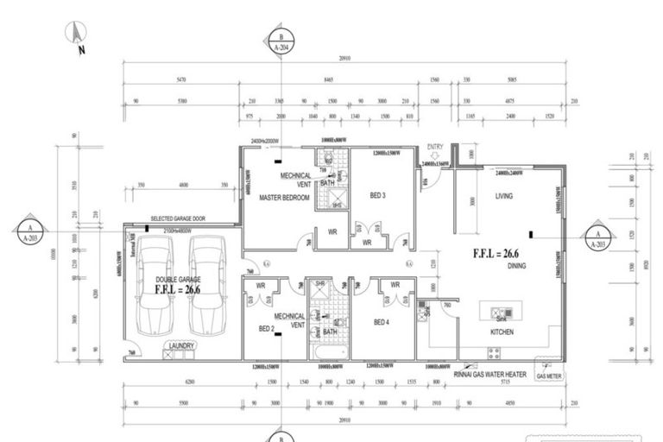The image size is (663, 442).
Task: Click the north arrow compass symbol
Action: pos(77,35)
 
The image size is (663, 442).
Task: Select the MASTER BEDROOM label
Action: pos(284,198)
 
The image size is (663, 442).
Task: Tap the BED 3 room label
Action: pos(377,196)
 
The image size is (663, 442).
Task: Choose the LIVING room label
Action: pos(504,197)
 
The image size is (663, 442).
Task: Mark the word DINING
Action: pos(516,266)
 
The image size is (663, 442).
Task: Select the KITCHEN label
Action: pos(502,331)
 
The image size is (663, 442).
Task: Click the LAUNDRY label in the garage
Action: pos(181,346)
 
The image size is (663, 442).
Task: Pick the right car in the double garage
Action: pos(207,286)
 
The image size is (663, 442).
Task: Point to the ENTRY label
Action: pos(434,147)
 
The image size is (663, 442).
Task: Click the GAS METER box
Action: pos(548,376)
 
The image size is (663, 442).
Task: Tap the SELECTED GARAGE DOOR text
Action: pos(179,219)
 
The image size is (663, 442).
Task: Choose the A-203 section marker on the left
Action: pos(29,232)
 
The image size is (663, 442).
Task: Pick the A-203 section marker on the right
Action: pos(596,237)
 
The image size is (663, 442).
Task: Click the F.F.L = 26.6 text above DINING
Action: pos(496,254)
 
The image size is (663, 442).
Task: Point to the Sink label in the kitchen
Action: pos(500,319)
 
